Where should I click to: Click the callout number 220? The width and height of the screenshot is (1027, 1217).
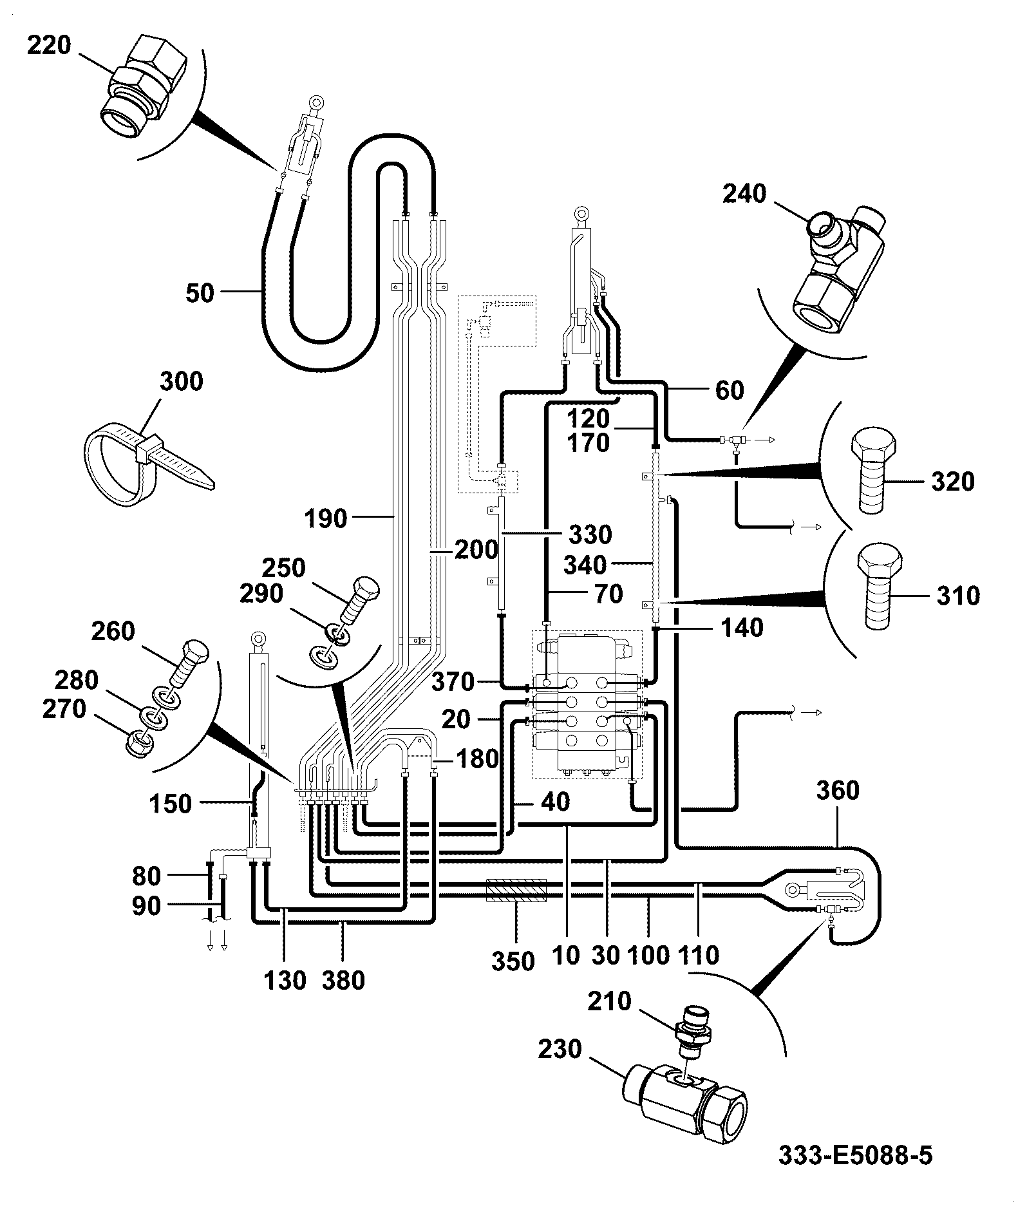click(50, 46)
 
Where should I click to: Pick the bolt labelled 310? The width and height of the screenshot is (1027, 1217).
click(881, 586)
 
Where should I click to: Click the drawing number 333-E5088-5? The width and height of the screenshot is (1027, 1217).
click(855, 1156)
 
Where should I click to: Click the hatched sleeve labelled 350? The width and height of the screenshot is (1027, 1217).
click(516, 891)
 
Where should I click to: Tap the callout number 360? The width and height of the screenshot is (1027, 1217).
click(838, 790)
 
